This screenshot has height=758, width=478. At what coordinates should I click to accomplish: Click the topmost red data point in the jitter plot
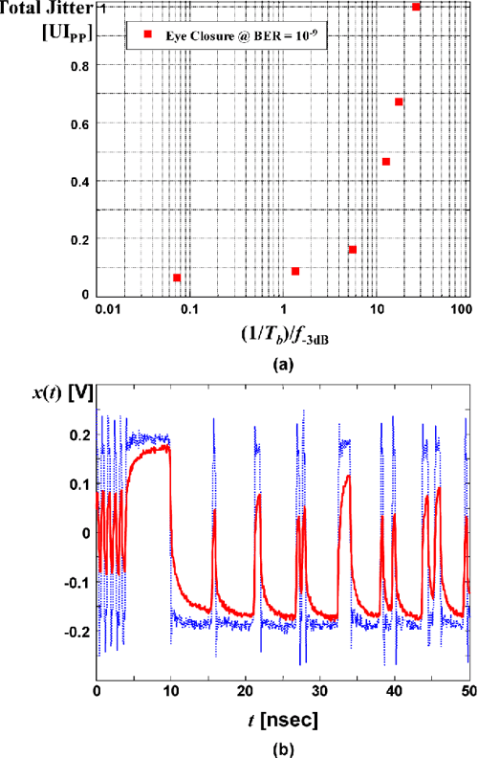tap(416, 7)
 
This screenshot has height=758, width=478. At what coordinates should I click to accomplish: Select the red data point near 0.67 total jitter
tap(399, 101)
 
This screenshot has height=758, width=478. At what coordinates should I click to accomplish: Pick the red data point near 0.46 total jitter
tap(386, 162)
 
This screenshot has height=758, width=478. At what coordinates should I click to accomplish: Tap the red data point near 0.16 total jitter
tap(353, 250)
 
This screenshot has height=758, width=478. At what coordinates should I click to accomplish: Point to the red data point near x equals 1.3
tap(295, 271)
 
